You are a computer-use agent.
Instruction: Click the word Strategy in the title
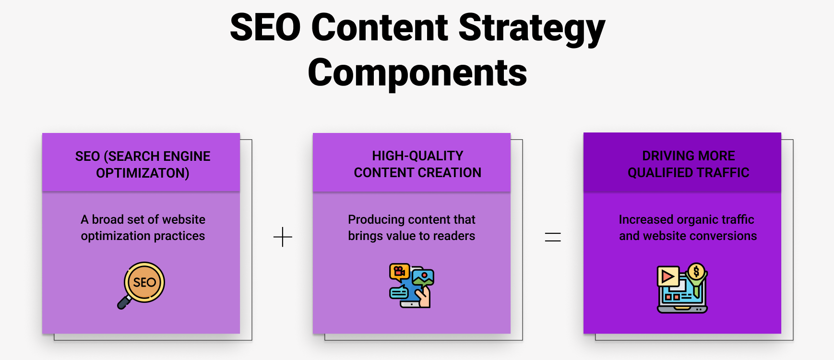pyautogui.click(x=532, y=28)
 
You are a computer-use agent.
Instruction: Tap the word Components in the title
pyautogui.click(x=417, y=73)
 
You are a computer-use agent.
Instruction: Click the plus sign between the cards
pyautogui.click(x=283, y=237)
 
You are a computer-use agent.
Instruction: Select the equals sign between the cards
pyautogui.click(x=553, y=237)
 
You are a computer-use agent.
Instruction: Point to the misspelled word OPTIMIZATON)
pyautogui.click(x=143, y=173)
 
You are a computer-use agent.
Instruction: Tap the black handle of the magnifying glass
pyautogui.click(x=124, y=303)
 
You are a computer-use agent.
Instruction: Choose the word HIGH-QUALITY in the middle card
pyautogui.click(x=417, y=156)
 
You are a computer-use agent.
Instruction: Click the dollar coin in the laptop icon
pyautogui.click(x=696, y=272)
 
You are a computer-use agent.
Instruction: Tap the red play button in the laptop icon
pyautogui.click(x=667, y=276)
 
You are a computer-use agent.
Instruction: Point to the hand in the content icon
pyautogui.click(x=424, y=297)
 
